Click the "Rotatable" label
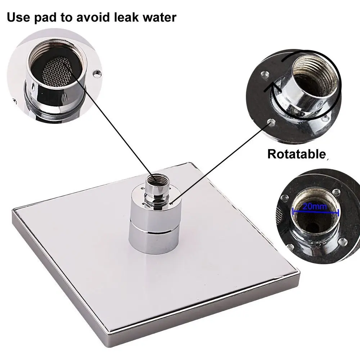296,154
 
